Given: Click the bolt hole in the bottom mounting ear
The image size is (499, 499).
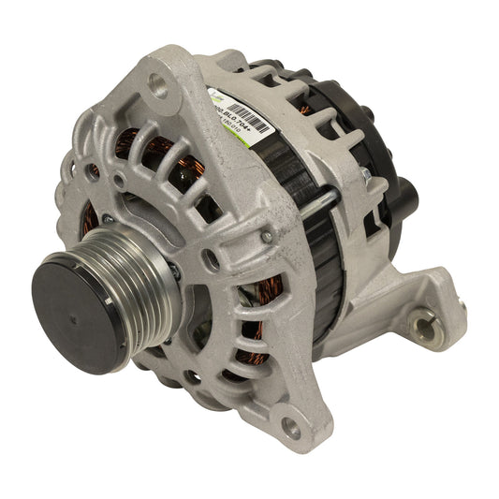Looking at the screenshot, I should [x=291, y=430].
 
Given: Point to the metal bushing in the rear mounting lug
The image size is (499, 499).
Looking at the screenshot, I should [x=422, y=325].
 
